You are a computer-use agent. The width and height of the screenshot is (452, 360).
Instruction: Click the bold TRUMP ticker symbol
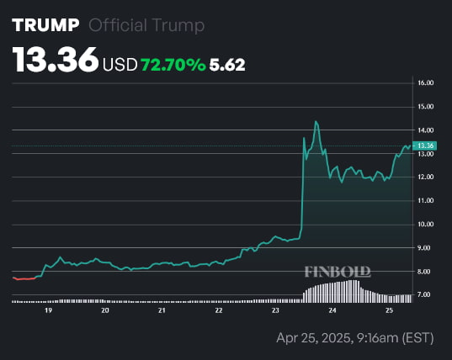pyautogui.click(x=46, y=25)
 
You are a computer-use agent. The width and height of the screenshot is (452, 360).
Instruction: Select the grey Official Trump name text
pyautogui.click(x=146, y=25)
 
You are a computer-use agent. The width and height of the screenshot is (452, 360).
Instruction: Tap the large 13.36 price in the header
pyautogui.click(x=55, y=61)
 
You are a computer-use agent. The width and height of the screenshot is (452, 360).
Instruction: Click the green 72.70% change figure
pyautogui.click(x=174, y=65)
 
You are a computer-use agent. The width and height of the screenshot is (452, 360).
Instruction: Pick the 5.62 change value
pyautogui.click(x=228, y=65)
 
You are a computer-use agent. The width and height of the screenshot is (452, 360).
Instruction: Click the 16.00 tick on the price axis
pyautogui.click(x=425, y=83)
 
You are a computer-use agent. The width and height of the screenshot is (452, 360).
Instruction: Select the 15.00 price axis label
pyautogui.click(x=425, y=107)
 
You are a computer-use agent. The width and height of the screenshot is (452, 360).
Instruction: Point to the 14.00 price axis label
pyautogui.click(x=425, y=130)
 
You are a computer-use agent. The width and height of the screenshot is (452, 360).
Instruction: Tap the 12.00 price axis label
pyautogui.click(x=425, y=177)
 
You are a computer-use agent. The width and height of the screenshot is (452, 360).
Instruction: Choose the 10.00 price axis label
pyautogui.click(x=425, y=225)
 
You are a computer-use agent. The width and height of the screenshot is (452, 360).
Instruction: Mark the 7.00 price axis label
pyautogui.click(x=425, y=295)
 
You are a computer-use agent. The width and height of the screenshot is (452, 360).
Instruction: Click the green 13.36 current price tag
pyautogui.click(x=425, y=146)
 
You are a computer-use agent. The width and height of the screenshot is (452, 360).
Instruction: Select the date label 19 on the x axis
pyautogui.click(x=48, y=310)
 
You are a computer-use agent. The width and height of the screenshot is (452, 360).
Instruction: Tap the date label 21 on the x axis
pyautogui.click(x=162, y=310)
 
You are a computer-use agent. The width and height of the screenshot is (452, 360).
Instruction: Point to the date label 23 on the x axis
pyautogui.click(x=275, y=310)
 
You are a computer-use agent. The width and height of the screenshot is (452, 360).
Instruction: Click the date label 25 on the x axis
pyautogui.click(x=389, y=310)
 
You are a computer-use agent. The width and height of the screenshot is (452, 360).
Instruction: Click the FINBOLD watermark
pyautogui.click(x=337, y=272)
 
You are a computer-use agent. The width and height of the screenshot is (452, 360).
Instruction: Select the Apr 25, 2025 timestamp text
pyautogui.click(x=354, y=338)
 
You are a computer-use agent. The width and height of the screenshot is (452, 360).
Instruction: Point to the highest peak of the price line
pyautogui.click(x=316, y=121)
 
